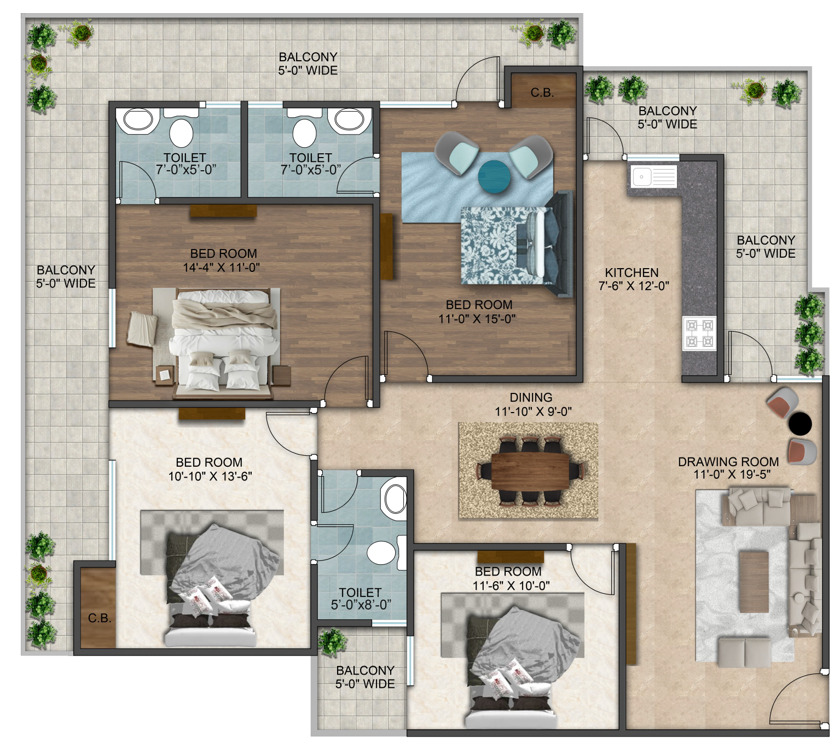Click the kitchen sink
[652, 176]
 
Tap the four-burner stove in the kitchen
[699, 333]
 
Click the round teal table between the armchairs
[494, 177]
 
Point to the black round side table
[800, 423]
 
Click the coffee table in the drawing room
[754, 582]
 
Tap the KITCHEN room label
[632, 272]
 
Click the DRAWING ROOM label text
[728, 461]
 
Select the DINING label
[531, 397]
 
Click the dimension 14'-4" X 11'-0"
[222, 268]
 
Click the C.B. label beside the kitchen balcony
[542, 92]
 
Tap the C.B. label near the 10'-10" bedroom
[100, 618]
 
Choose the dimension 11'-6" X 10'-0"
[511, 585]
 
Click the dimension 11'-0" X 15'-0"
[477, 318]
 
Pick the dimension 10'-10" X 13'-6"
[210, 476]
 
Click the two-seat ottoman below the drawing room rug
[744, 652]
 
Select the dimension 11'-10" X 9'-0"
[533, 411]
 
